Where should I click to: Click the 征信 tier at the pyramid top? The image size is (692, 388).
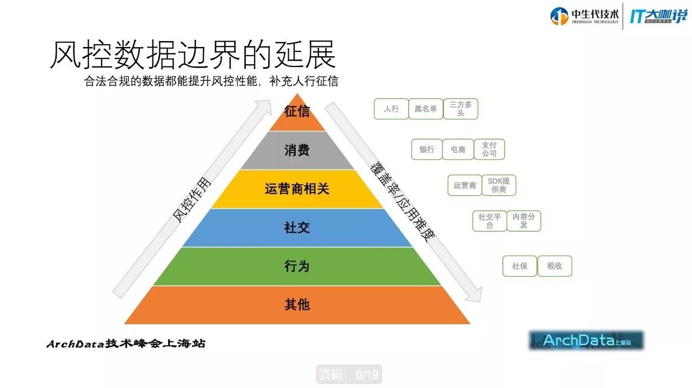point(297,112)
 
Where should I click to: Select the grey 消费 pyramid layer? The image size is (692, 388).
point(297,150)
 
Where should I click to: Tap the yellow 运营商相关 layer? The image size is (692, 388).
point(297,189)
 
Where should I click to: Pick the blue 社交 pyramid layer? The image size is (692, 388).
point(297,228)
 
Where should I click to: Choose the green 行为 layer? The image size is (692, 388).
point(297,266)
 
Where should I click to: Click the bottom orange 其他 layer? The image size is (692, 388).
point(297,305)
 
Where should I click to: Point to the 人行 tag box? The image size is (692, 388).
point(391,109)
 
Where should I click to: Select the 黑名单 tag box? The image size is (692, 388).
point(425,109)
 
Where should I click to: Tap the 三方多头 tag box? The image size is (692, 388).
point(461,109)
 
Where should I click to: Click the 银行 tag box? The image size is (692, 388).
point(427,149)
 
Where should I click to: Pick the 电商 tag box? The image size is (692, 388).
point(458,149)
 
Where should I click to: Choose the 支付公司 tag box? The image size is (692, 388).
point(489,149)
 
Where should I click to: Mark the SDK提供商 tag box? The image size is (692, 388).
point(498,185)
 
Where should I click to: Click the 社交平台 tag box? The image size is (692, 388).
point(489,221)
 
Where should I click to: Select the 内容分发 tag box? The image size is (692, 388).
point(523,221)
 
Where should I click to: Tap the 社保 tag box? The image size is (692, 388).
point(520,266)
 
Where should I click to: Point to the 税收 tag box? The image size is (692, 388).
point(555,266)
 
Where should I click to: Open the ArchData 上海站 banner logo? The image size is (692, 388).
point(587,340)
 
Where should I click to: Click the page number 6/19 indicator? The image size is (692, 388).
point(349,374)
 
